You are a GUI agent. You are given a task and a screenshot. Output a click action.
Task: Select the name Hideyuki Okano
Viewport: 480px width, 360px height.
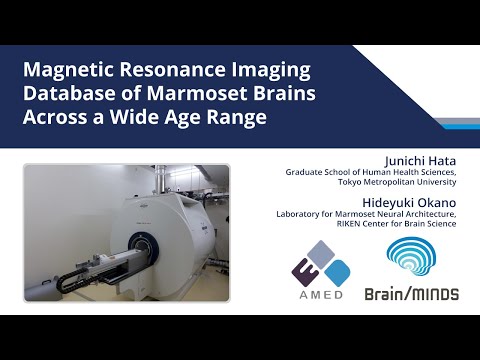tap(412, 197)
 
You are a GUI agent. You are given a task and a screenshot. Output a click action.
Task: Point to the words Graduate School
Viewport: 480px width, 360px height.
tap(319, 173)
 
